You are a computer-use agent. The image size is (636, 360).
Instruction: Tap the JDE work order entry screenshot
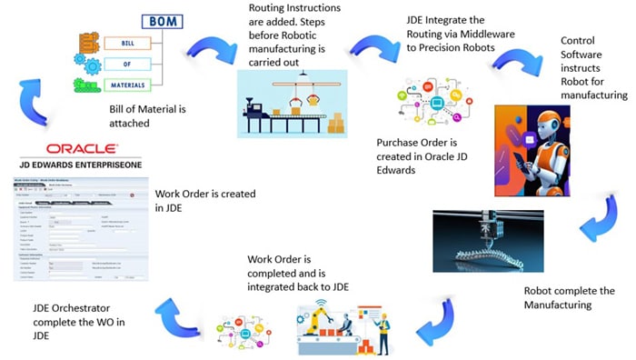(x=76, y=228)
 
